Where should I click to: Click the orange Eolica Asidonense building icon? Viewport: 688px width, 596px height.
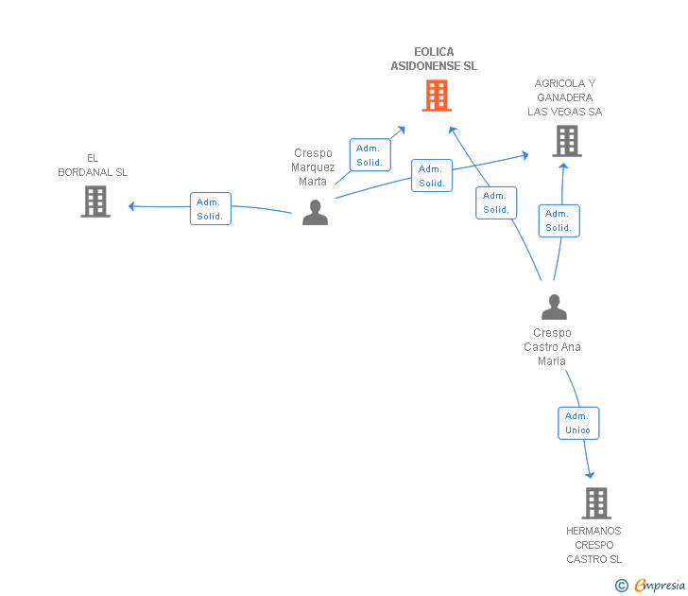(436, 96)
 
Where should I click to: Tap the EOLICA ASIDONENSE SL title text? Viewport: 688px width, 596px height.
(434, 60)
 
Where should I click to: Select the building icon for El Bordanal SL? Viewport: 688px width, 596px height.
(95, 202)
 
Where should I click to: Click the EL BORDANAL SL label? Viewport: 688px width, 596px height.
(93, 166)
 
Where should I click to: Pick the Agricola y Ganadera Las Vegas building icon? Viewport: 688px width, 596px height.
(566, 141)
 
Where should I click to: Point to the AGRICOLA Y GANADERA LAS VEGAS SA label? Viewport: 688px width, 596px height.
(564, 97)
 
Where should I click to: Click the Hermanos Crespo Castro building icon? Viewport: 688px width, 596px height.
(595, 502)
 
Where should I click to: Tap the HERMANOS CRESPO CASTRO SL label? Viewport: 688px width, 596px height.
(593, 545)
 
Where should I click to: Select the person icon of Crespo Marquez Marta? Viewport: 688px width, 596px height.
(315, 213)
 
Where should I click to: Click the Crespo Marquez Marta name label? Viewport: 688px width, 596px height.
(313, 167)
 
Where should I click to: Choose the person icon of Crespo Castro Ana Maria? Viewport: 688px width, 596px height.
(554, 307)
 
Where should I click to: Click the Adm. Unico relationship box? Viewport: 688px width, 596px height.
(577, 423)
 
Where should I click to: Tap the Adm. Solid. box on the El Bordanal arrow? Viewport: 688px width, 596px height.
(210, 209)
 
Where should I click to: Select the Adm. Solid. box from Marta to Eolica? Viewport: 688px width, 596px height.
(370, 154)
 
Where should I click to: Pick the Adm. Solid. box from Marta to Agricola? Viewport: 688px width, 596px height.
(432, 176)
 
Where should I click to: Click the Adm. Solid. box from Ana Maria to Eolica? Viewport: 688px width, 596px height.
(496, 202)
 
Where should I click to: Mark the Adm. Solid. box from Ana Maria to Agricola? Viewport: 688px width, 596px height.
(559, 220)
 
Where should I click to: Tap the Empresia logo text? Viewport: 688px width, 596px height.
(659, 585)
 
